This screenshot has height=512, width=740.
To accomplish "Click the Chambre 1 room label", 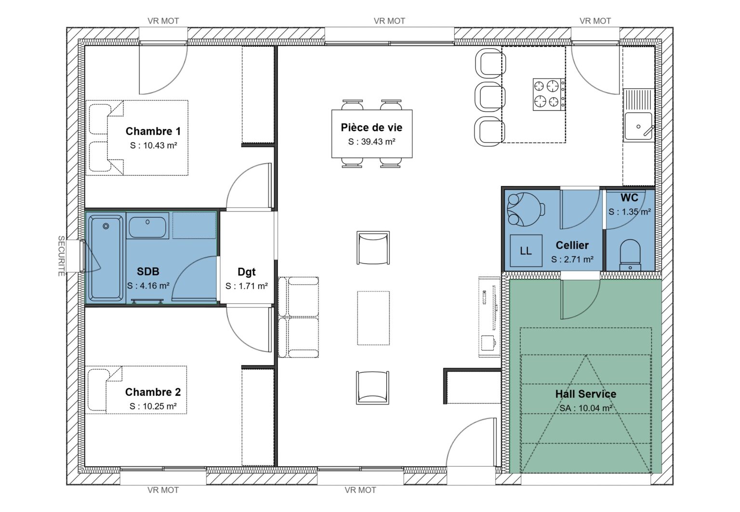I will (x=153, y=131).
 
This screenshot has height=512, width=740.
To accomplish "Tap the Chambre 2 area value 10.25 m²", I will (x=153, y=406).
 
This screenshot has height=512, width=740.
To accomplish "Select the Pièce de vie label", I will (x=371, y=128).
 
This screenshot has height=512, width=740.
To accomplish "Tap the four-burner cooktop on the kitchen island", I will (x=548, y=94).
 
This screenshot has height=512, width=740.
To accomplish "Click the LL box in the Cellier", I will (x=526, y=250).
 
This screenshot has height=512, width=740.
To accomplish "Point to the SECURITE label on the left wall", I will (x=61, y=256).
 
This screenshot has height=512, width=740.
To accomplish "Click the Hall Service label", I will (x=585, y=394).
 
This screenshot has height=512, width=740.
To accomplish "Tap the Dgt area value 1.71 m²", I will (x=247, y=286).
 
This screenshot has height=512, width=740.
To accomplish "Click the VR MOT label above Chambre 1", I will (x=163, y=21).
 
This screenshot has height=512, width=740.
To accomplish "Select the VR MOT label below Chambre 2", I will (x=163, y=490).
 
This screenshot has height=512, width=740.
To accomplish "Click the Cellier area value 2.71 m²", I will (x=572, y=259).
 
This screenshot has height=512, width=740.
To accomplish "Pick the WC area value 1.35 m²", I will (x=629, y=211).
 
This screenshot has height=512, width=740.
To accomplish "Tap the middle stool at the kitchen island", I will (x=489, y=97).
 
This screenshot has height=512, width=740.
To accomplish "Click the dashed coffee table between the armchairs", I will (x=373, y=317).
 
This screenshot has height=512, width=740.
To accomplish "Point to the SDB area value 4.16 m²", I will (x=148, y=286).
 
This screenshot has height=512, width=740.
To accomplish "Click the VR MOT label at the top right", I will (x=595, y=21).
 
